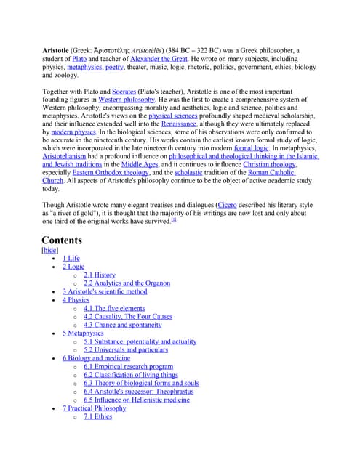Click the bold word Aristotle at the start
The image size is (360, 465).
55,50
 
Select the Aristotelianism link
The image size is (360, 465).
73,157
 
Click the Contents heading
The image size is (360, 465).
62,240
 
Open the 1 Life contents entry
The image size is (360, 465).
71,258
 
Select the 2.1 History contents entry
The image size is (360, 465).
99,275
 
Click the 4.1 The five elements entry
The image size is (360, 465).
113,308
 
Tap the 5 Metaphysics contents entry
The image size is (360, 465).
83,333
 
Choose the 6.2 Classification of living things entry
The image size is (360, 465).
130,375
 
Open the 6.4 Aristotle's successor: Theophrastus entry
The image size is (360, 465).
141,391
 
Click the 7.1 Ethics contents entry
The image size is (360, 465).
97,416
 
